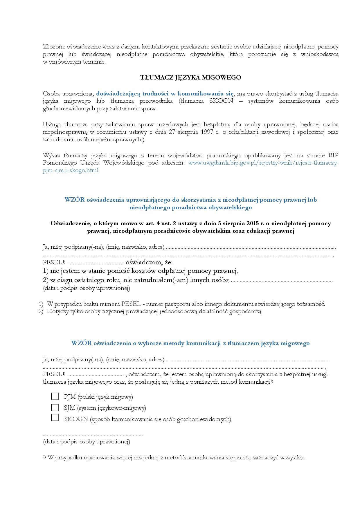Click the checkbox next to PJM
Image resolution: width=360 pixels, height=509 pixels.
[55, 396]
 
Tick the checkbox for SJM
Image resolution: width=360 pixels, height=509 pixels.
[55, 407]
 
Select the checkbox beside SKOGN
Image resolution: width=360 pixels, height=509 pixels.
[55, 418]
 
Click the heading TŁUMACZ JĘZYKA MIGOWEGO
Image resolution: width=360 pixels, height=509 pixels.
[191, 77]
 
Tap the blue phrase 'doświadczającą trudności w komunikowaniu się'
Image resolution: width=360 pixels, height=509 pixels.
[165, 94]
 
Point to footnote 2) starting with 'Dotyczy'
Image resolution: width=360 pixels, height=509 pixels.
[154, 312]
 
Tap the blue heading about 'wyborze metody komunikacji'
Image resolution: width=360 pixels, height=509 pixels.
[190, 343]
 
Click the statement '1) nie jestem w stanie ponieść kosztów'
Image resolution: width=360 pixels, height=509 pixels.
[141, 271]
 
